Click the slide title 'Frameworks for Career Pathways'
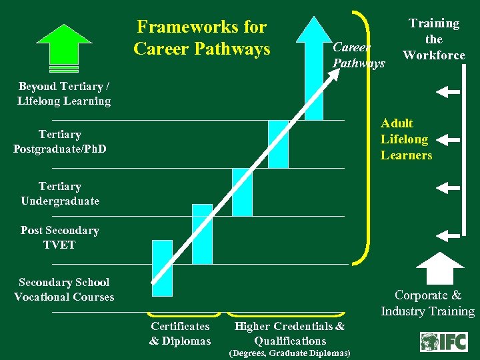(x=201, y=38)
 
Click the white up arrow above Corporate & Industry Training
(x=445, y=267)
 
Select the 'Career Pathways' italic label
(x=358, y=55)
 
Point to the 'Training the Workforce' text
(x=434, y=39)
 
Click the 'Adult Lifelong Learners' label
(x=406, y=139)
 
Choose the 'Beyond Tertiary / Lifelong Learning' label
(x=64, y=94)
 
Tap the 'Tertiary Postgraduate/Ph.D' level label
(x=59, y=141)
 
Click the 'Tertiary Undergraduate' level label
(x=59, y=193)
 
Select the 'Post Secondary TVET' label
(x=59, y=237)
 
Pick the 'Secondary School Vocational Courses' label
(x=64, y=289)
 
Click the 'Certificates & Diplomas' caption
(x=180, y=333)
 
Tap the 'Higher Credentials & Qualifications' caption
(x=290, y=333)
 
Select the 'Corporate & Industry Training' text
(x=427, y=303)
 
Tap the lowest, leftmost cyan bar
(x=162, y=267)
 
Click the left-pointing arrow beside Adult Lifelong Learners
(x=451, y=140)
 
